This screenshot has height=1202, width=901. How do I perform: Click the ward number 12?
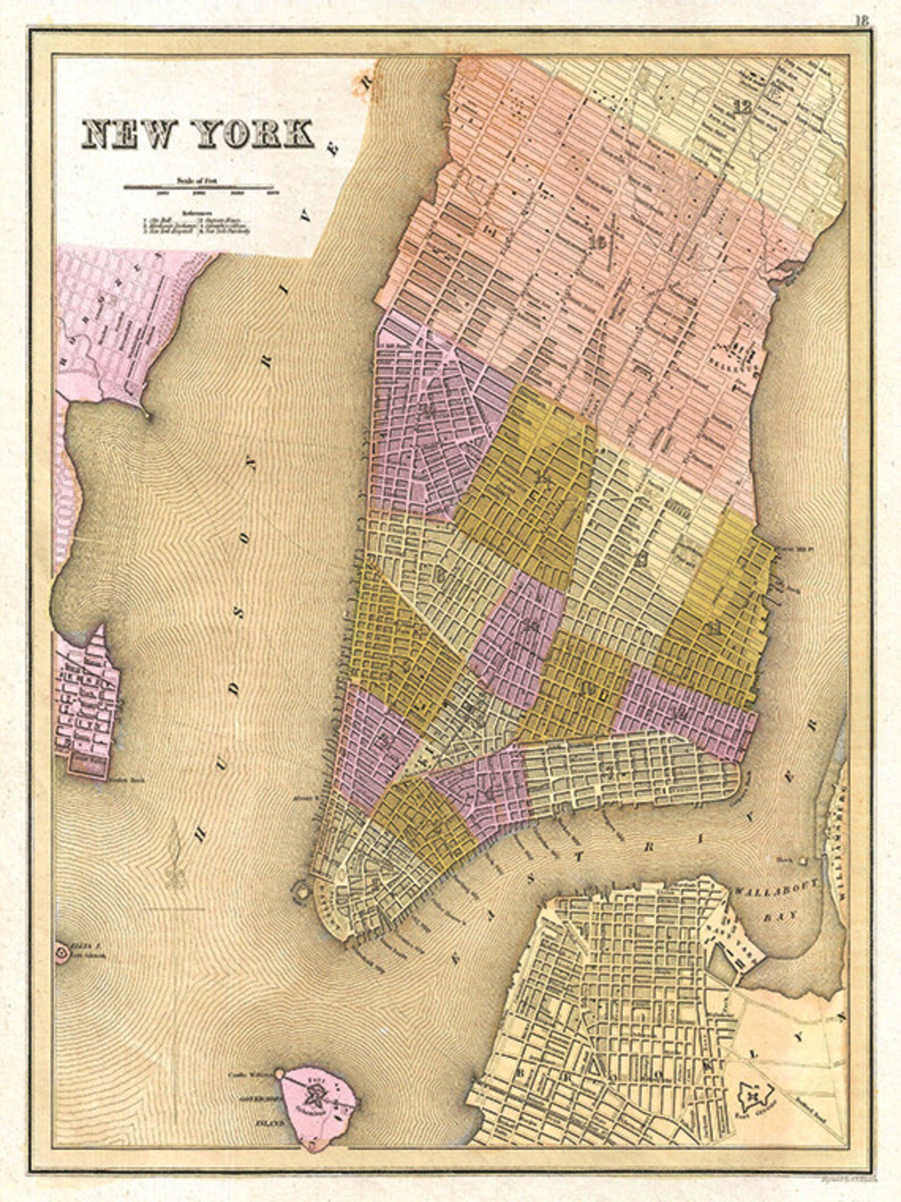coord(741,106)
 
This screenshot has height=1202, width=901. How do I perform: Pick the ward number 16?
coord(598,243)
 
